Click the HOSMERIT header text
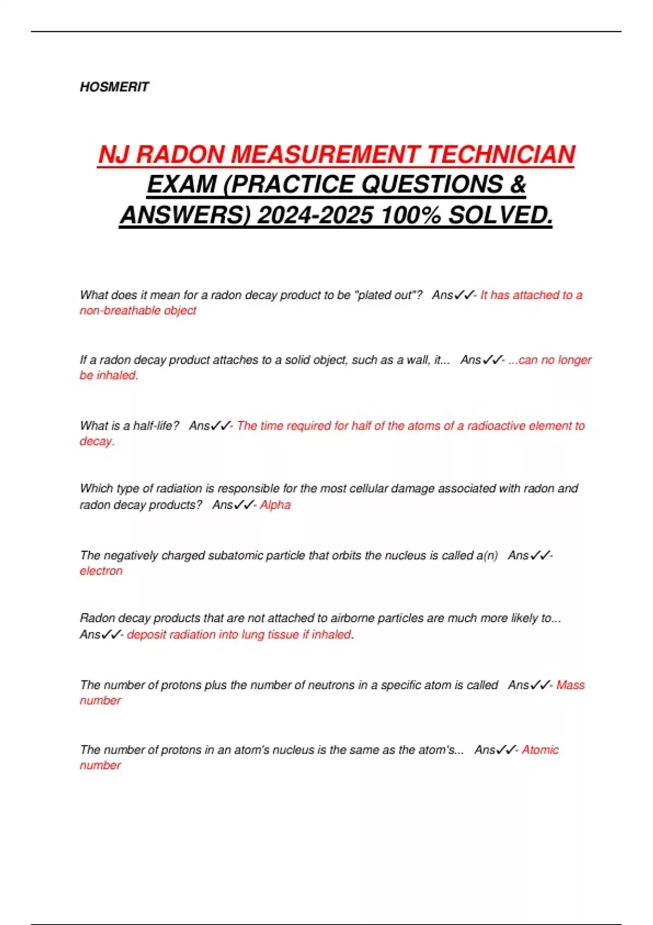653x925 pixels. [x=114, y=87]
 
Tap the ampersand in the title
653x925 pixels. [x=518, y=184]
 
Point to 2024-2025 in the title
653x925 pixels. [x=315, y=215]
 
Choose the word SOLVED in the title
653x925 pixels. [x=500, y=215]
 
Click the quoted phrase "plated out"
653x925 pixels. [x=388, y=295]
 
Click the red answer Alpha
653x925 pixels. [x=275, y=505]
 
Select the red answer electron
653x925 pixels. [x=101, y=571]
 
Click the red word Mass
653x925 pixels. [x=570, y=685]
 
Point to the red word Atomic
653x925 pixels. [x=540, y=750]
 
